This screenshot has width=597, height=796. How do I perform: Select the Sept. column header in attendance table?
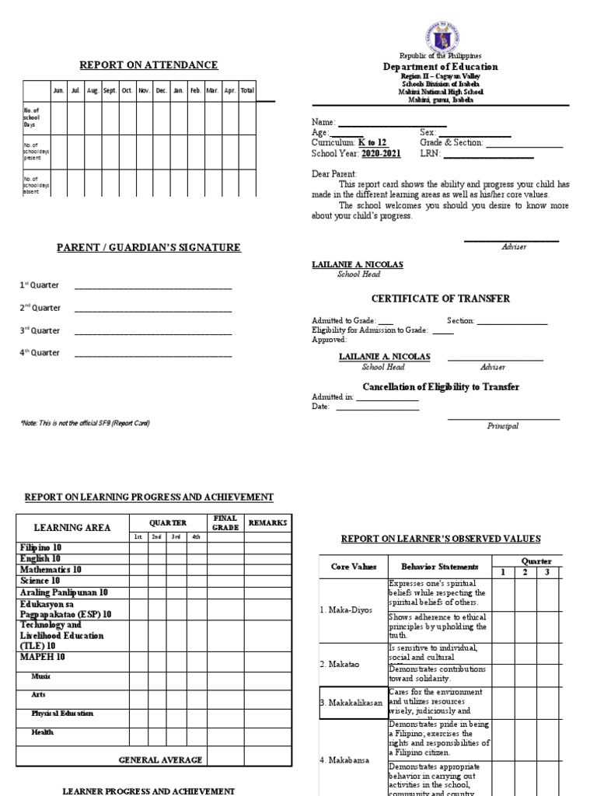tap(110, 91)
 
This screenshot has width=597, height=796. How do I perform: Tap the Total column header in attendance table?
tap(247, 91)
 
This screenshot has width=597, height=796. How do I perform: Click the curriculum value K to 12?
tap(372, 143)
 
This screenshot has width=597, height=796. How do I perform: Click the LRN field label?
tap(430, 154)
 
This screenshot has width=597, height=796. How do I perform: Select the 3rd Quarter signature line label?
tap(40, 330)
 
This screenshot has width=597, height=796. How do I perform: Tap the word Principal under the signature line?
tap(503, 426)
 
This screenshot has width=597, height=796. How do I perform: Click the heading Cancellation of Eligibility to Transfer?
tap(441, 387)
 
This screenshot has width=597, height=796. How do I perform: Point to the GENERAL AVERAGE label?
tap(160, 759)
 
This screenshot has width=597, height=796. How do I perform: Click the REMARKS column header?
tap(267, 523)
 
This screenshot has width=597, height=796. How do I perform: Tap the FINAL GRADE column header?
tap(225, 523)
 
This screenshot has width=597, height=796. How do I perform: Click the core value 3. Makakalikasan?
tap(352, 703)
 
